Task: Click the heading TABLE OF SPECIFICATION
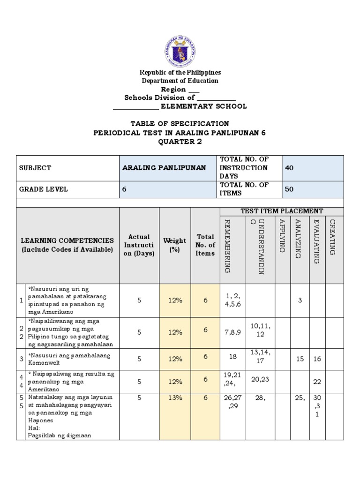tap(180, 124)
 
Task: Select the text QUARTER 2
tap(180, 142)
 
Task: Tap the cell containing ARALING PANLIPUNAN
tap(164, 168)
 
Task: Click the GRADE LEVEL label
tap(43, 189)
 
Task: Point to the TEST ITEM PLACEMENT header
tap(281, 211)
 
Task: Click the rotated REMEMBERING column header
tap(227, 246)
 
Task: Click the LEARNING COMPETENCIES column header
tap(67, 245)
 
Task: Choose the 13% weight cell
tap(175, 397)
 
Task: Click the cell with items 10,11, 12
tap(261, 330)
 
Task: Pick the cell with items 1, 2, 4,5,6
tap(233, 300)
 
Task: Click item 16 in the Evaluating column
tap(317, 359)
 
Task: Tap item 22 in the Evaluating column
tap(317, 382)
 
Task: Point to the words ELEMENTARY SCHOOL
tap(203, 106)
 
